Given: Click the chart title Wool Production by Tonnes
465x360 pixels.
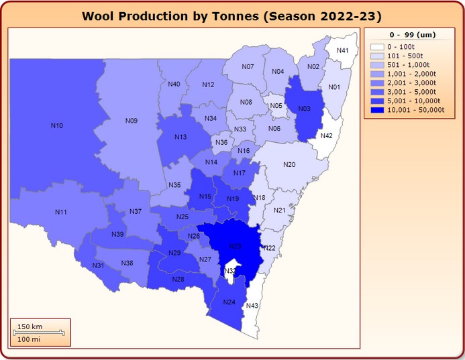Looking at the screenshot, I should (231, 16).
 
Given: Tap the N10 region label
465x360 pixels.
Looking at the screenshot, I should (57, 125).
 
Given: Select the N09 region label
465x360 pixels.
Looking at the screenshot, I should (132, 121).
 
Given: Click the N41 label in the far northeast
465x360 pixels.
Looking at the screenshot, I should (342, 51).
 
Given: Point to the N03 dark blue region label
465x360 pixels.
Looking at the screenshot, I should (304, 109).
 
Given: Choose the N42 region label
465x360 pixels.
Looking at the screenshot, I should (326, 136).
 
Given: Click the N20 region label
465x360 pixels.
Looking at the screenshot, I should (289, 164).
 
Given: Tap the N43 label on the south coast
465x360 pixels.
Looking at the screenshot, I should (252, 306).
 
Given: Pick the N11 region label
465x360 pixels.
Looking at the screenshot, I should (61, 212).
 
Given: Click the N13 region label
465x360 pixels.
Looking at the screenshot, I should (180, 137).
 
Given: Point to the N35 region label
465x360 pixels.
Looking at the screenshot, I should (174, 185).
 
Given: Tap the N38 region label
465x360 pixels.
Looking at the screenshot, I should (127, 263).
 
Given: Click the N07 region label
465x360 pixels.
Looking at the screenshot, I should (248, 67).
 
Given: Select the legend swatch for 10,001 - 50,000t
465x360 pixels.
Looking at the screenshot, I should (377, 109).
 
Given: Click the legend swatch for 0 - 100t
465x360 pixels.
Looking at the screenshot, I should (377, 46).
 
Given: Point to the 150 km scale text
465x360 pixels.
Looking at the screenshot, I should (30, 326).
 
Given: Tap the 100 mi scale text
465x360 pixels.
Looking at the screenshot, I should (29, 339).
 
